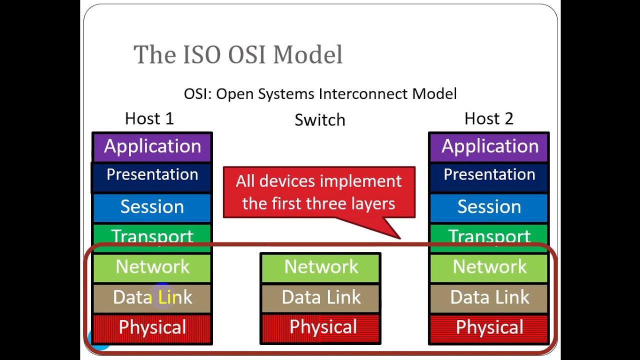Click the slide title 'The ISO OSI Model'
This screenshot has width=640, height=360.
(x=238, y=54)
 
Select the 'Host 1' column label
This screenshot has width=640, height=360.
(x=149, y=118)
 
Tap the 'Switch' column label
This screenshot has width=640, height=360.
(x=319, y=120)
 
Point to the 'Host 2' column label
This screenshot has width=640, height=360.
(x=488, y=118)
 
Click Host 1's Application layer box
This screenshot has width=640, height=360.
(x=152, y=147)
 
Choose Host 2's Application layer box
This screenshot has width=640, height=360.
(x=489, y=147)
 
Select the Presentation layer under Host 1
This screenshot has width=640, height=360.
(x=152, y=175)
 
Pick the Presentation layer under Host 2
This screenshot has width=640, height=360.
(x=489, y=175)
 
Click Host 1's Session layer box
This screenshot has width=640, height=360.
(x=152, y=207)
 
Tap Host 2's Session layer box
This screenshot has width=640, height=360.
(x=489, y=207)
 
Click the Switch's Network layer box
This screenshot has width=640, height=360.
(x=321, y=267)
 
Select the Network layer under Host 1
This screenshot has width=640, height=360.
(x=152, y=267)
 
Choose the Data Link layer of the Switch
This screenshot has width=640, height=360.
(x=321, y=297)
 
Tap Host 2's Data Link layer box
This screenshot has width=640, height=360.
(x=489, y=297)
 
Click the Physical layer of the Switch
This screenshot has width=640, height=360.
(x=321, y=328)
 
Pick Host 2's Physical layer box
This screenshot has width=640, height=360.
(x=489, y=328)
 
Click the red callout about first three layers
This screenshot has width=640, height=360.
(x=319, y=192)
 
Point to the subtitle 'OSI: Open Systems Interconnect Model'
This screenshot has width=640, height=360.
(x=320, y=93)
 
